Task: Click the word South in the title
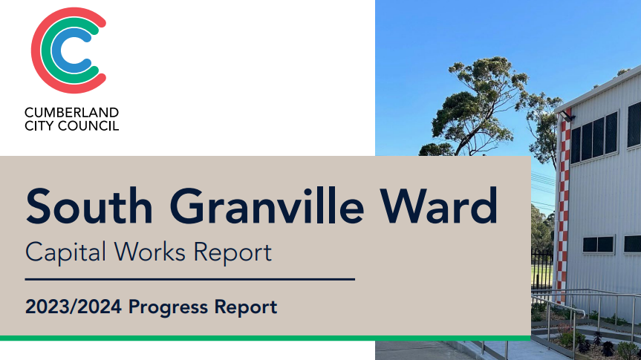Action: click(x=89, y=206)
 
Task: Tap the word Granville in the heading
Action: click(x=267, y=206)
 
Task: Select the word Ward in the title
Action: click(x=439, y=206)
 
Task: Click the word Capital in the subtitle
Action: click(x=65, y=252)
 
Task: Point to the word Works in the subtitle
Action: click(x=149, y=252)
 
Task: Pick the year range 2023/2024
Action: click(x=74, y=307)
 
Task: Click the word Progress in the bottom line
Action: click(x=168, y=307)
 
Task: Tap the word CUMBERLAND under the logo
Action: click(x=71, y=112)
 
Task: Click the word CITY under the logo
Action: click(x=39, y=125)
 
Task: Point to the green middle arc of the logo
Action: click(x=45, y=50)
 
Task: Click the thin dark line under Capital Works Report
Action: click(x=189, y=280)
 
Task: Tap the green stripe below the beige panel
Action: click(x=265, y=338)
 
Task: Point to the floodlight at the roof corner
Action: click(x=567, y=116)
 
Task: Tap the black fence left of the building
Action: click(x=541, y=270)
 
